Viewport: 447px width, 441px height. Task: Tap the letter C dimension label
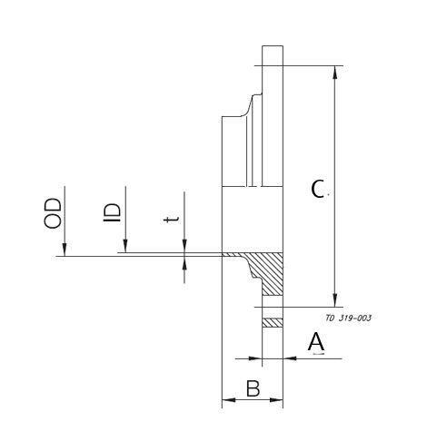pos(317,190)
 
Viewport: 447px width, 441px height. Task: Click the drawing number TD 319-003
pos(347,318)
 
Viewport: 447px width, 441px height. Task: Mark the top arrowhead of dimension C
pos(337,71)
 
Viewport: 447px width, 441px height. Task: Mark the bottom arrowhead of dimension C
pos(337,300)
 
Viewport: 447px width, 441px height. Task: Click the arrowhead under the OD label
pos(64,250)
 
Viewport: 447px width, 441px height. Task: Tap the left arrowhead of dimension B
pos(227,399)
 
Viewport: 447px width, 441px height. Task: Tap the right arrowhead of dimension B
pos(279,399)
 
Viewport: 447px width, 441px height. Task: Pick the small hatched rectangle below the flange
pos(273,322)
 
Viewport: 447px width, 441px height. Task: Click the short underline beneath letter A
pos(317,354)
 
